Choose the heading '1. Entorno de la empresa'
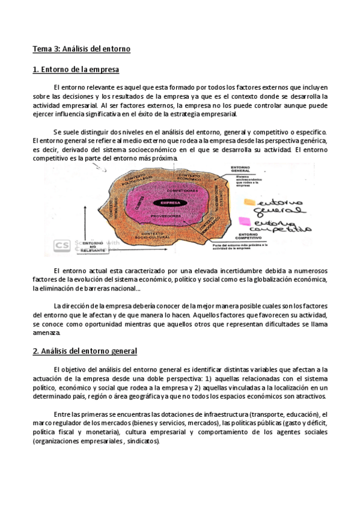point(76,70)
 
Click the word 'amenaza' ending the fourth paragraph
point(46,333)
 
